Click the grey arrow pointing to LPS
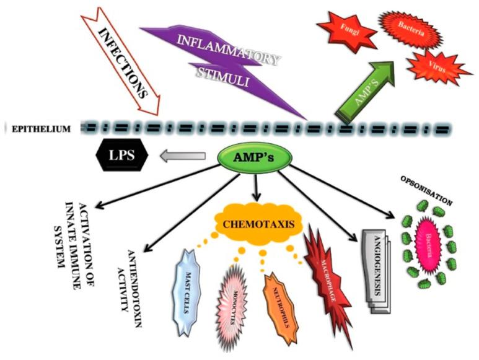tap(182, 158)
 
